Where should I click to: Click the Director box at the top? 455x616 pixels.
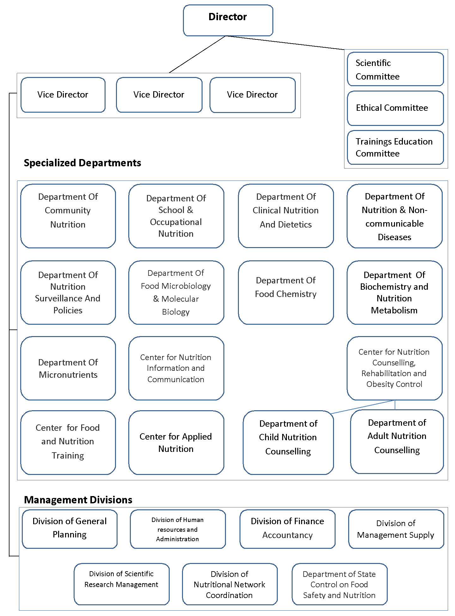(228, 20)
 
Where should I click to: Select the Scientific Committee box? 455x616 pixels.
(395, 69)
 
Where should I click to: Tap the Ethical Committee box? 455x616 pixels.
(395, 108)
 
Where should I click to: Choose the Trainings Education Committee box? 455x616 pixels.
(395, 147)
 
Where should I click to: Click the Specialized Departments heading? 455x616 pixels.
(82, 163)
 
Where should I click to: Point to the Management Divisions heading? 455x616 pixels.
(78, 500)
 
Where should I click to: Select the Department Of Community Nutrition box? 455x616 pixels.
(68, 216)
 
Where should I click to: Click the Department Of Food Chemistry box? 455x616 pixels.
(286, 293)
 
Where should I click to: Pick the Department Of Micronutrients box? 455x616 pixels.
(68, 368)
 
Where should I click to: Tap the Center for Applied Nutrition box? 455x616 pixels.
(176, 442)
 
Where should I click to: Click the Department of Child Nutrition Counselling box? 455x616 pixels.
(288, 442)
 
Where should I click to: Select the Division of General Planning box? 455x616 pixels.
(70, 529)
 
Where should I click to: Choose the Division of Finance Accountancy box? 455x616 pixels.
(288, 529)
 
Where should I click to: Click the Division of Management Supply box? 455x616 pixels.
(396, 529)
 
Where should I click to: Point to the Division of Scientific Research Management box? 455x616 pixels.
(122, 584)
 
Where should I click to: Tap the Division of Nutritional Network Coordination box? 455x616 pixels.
(230, 584)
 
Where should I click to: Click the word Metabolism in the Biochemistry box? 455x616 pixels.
(394, 311)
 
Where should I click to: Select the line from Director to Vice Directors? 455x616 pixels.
(197, 54)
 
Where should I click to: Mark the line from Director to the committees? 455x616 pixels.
(285, 43)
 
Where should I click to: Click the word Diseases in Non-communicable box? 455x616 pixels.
(395, 237)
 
